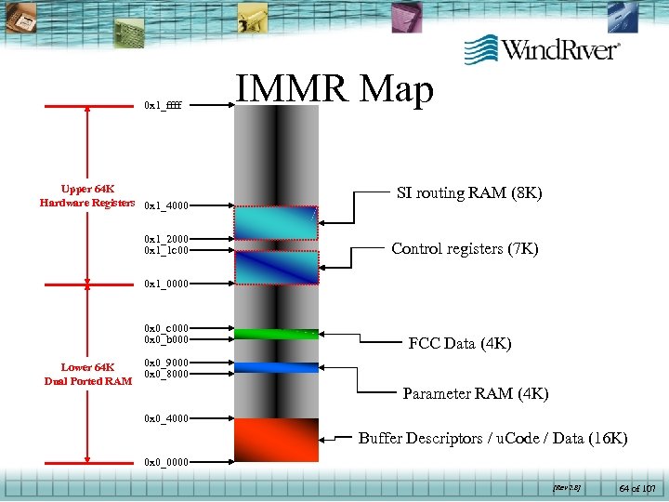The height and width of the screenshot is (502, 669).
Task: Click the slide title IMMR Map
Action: coord(334,90)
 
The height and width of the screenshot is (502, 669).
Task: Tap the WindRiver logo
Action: coord(543,48)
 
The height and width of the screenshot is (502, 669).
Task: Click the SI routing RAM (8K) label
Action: coord(469,193)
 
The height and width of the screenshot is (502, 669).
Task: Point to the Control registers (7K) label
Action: coord(465,248)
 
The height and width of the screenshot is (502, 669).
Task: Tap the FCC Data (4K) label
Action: coord(459,343)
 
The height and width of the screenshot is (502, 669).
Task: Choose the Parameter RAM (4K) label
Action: coord(476,394)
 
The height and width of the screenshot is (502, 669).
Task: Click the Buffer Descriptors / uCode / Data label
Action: coord(492,438)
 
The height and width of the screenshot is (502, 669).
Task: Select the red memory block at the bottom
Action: coord(276,440)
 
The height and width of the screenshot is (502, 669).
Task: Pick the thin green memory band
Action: coord(276,333)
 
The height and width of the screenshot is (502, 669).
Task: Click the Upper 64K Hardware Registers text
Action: coord(87,195)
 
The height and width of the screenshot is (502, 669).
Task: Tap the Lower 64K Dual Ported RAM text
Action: coord(87,374)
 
